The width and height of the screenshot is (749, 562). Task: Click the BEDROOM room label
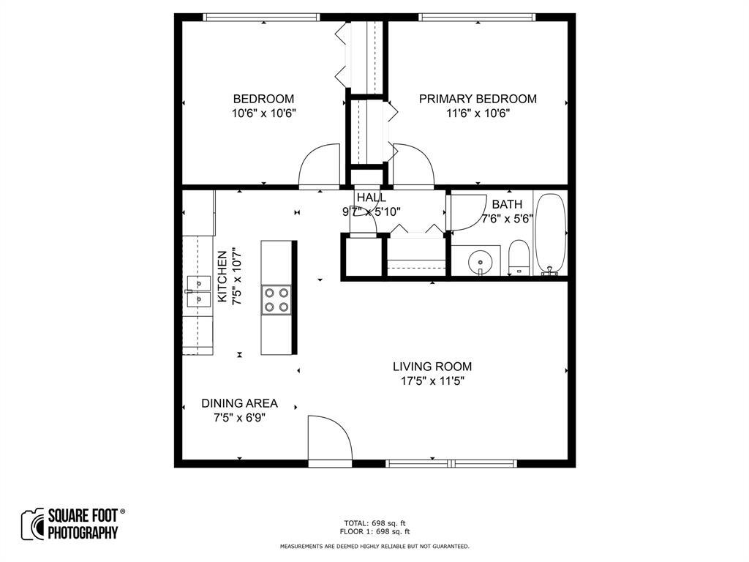point(263,99)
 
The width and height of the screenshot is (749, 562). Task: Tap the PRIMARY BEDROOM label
point(478,99)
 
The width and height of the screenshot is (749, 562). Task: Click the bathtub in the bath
point(551,233)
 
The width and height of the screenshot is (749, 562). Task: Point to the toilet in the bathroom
point(519,256)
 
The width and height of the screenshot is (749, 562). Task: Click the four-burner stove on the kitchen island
point(276,299)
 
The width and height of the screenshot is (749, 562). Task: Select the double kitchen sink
point(198,291)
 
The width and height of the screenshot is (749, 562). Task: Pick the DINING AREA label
point(239,403)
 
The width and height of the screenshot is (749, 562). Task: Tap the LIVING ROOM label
point(432,367)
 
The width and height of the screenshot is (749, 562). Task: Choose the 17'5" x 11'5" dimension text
point(432,381)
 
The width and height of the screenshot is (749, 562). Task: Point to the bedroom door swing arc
point(319,165)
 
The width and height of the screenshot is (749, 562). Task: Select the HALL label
point(372,198)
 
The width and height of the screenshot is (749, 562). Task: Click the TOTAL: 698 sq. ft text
point(374,523)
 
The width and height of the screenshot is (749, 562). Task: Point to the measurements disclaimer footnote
point(374,546)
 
